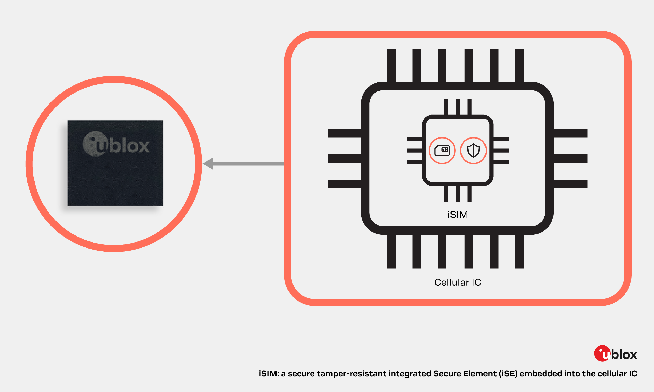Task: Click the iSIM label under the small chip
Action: click(458, 215)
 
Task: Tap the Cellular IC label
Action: click(458, 283)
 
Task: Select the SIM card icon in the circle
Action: click(442, 150)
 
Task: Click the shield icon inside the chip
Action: click(473, 150)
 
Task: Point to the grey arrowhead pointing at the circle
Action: click(208, 164)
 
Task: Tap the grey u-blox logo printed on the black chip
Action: click(116, 144)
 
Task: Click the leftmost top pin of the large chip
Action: click(391, 65)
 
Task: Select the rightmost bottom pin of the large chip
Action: click(520, 251)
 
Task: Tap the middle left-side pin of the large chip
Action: click(345, 158)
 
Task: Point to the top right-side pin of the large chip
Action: click(571, 133)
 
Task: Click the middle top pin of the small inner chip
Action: click(458, 107)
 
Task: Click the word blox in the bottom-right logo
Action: click(624, 355)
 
